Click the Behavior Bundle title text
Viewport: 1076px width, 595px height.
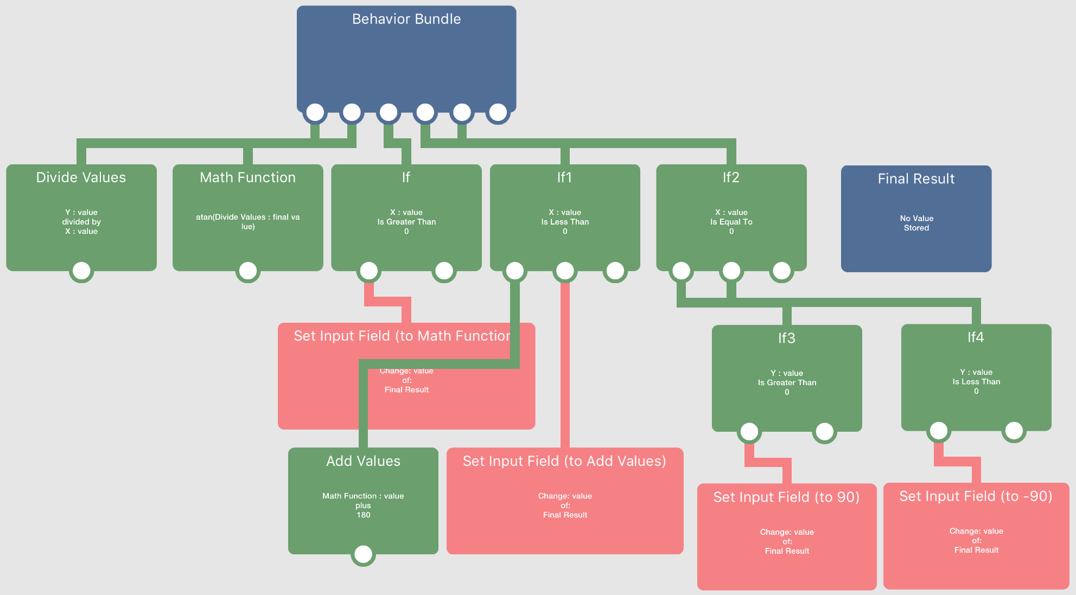406,19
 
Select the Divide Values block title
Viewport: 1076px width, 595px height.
81,177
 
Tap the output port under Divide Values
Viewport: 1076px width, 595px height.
81,271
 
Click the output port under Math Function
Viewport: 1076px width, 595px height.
248,271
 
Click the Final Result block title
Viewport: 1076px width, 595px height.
916,178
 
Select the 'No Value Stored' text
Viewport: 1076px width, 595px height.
916,223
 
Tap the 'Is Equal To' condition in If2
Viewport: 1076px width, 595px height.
731,222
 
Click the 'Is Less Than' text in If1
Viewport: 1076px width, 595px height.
565,222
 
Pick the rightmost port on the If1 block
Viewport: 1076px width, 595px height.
615,271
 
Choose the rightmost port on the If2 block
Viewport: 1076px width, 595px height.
781,271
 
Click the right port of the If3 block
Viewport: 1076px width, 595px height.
824,432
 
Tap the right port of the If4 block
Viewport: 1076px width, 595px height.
1014,431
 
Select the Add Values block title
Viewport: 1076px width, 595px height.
363,461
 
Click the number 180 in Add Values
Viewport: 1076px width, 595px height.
363,515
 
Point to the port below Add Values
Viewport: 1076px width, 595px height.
363,554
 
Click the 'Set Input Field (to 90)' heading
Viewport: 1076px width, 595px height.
786,497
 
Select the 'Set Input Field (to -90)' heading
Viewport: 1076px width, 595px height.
976,496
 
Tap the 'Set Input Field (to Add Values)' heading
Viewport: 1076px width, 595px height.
564,461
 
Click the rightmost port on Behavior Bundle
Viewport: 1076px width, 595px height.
498,112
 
